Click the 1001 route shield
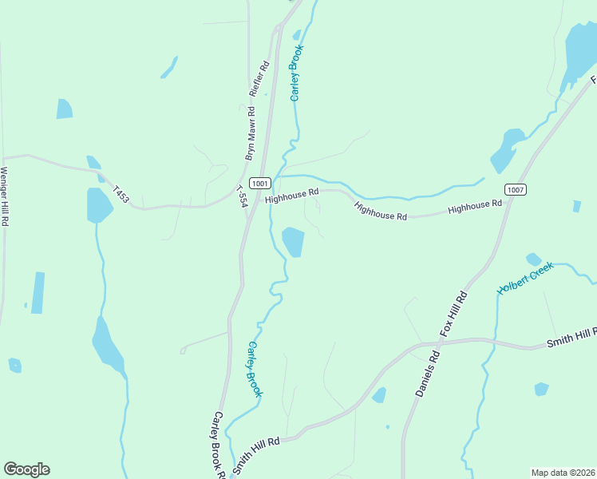click(x=259, y=183)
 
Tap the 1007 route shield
click(x=515, y=189)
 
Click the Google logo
click(x=26, y=469)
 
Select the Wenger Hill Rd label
click(x=4, y=196)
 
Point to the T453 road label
click(x=121, y=194)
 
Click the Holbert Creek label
click(x=525, y=279)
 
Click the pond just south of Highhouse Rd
click(x=293, y=241)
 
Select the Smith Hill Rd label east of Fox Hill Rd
click(x=571, y=338)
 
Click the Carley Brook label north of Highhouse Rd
click(x=297, y=73)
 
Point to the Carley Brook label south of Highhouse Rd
click(x=255, y=369)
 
